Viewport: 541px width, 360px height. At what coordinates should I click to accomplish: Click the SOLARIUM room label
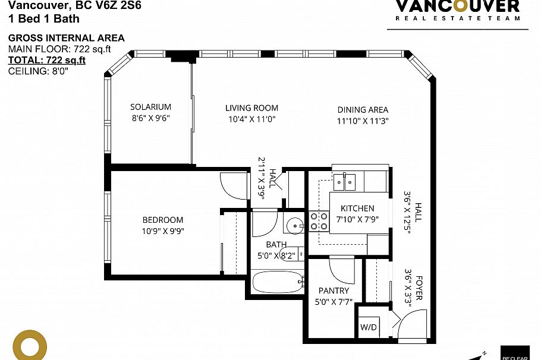click(150, 107)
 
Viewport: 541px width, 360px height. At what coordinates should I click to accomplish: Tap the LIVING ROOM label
click(251, 108)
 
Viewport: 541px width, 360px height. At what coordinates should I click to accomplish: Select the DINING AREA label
click(363, 110)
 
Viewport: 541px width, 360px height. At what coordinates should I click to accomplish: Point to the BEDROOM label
click(163, 220)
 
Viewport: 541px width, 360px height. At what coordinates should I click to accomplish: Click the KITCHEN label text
click(357, 209)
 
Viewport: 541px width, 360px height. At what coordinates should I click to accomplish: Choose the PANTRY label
click(334, 291)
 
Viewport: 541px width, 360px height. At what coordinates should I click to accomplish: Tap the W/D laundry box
click(367, 327)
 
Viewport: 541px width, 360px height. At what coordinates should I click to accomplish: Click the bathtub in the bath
click(278, 281)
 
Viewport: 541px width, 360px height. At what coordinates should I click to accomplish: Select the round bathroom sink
click(293, 226)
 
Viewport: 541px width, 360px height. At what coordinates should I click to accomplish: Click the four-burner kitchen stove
click(319, 222)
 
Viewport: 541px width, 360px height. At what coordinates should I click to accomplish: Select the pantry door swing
click(341, 270)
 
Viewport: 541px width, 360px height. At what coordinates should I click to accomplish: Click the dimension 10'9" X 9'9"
click(163, 231)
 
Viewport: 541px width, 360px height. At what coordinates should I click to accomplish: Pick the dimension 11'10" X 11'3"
click(363, 121)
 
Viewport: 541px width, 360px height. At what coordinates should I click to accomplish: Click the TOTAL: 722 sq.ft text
click(47, 60)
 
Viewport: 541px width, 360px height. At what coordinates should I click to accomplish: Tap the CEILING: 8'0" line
click(38, 71)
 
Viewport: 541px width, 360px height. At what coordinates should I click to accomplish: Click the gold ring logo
click(30, 345)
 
